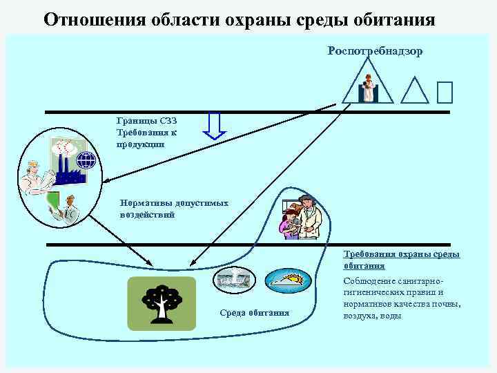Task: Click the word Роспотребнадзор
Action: click(x=375, y=51)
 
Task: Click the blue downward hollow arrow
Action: click(x=215, y=126)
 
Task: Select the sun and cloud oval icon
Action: click(x=285, y=278)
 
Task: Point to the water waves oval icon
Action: click(x=235, y=278)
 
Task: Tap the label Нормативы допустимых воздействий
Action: click(x=173, y=209)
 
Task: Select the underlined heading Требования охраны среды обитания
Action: click(x=401, y=260)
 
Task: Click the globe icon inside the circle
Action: click(x=86, y=162)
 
